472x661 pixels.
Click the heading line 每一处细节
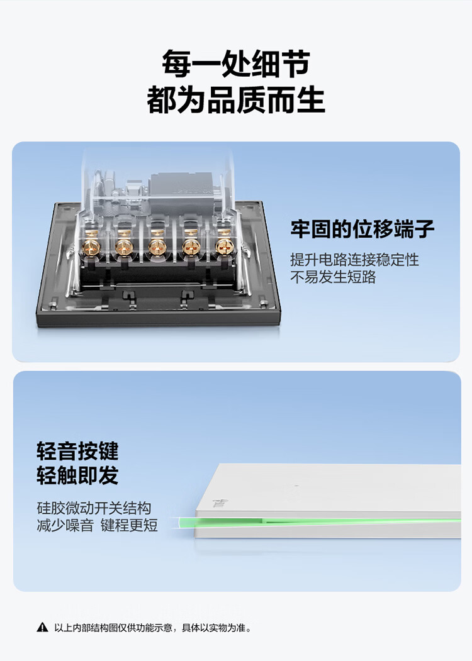236,64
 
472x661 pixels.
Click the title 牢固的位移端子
362,230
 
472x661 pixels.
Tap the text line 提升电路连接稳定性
354,260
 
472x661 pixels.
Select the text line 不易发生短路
333,277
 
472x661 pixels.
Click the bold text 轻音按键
77,451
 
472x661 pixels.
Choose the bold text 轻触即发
77,475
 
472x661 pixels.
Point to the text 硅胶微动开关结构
94,508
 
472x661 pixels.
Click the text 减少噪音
65,525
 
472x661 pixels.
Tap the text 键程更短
129,525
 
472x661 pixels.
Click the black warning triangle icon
43,628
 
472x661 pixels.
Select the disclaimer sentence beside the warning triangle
153,628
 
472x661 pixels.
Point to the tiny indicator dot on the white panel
296,486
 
